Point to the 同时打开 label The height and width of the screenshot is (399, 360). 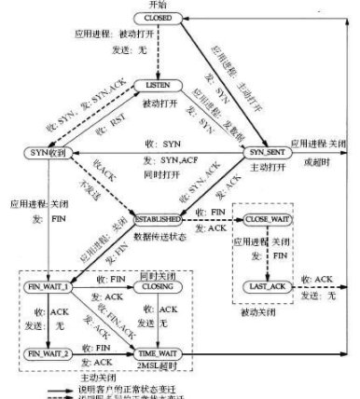click(x=159, y=173)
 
